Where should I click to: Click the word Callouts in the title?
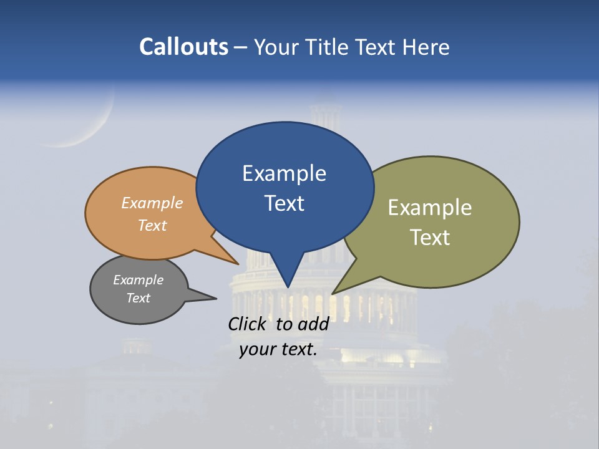click(x=183, y=47)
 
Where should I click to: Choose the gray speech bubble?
click(x=119, y=309)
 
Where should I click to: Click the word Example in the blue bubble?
click(x=285, y=173)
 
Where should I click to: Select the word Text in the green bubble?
click(x=430, y=238)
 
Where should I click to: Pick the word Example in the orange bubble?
click(x=152, y=203)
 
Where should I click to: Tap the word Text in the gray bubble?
click(x=139, y=298)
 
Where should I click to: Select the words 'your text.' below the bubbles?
click(x=278, y=349)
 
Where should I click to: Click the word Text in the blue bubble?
click(x=285, y=203)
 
